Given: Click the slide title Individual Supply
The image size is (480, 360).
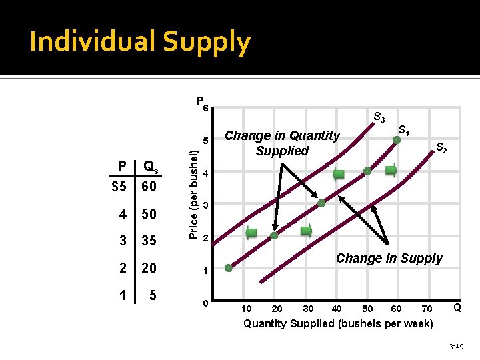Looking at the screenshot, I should [x=140, y=42].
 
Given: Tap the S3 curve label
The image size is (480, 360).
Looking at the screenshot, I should [x=379, y=118].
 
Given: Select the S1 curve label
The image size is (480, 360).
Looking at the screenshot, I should [x=404, y=129].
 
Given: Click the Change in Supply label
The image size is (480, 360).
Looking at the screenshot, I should [x=389, y=258].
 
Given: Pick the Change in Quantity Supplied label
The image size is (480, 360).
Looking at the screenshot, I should [x=282, y=143].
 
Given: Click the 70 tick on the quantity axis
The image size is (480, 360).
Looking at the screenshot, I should [x=427, y=308].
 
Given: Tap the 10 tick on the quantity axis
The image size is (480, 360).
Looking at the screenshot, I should [x=247, y=308].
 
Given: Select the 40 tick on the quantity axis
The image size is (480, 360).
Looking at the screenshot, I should [x=337, y=308].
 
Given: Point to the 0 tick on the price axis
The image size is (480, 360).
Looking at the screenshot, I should [x=206, y=304].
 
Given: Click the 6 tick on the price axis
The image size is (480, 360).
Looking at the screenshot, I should [x=207, y=109].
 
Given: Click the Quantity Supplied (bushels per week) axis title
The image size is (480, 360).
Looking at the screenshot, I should [x=338, y=324].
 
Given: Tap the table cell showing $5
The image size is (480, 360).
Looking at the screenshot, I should [x=119, y=187].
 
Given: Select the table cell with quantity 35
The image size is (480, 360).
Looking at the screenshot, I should [x=149, y=240].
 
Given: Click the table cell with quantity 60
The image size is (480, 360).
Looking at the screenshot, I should [x=149, y=187].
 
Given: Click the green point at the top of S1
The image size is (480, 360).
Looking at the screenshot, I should [x=397, y=140].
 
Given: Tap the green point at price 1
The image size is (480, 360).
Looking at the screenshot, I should [x=228, y=268].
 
